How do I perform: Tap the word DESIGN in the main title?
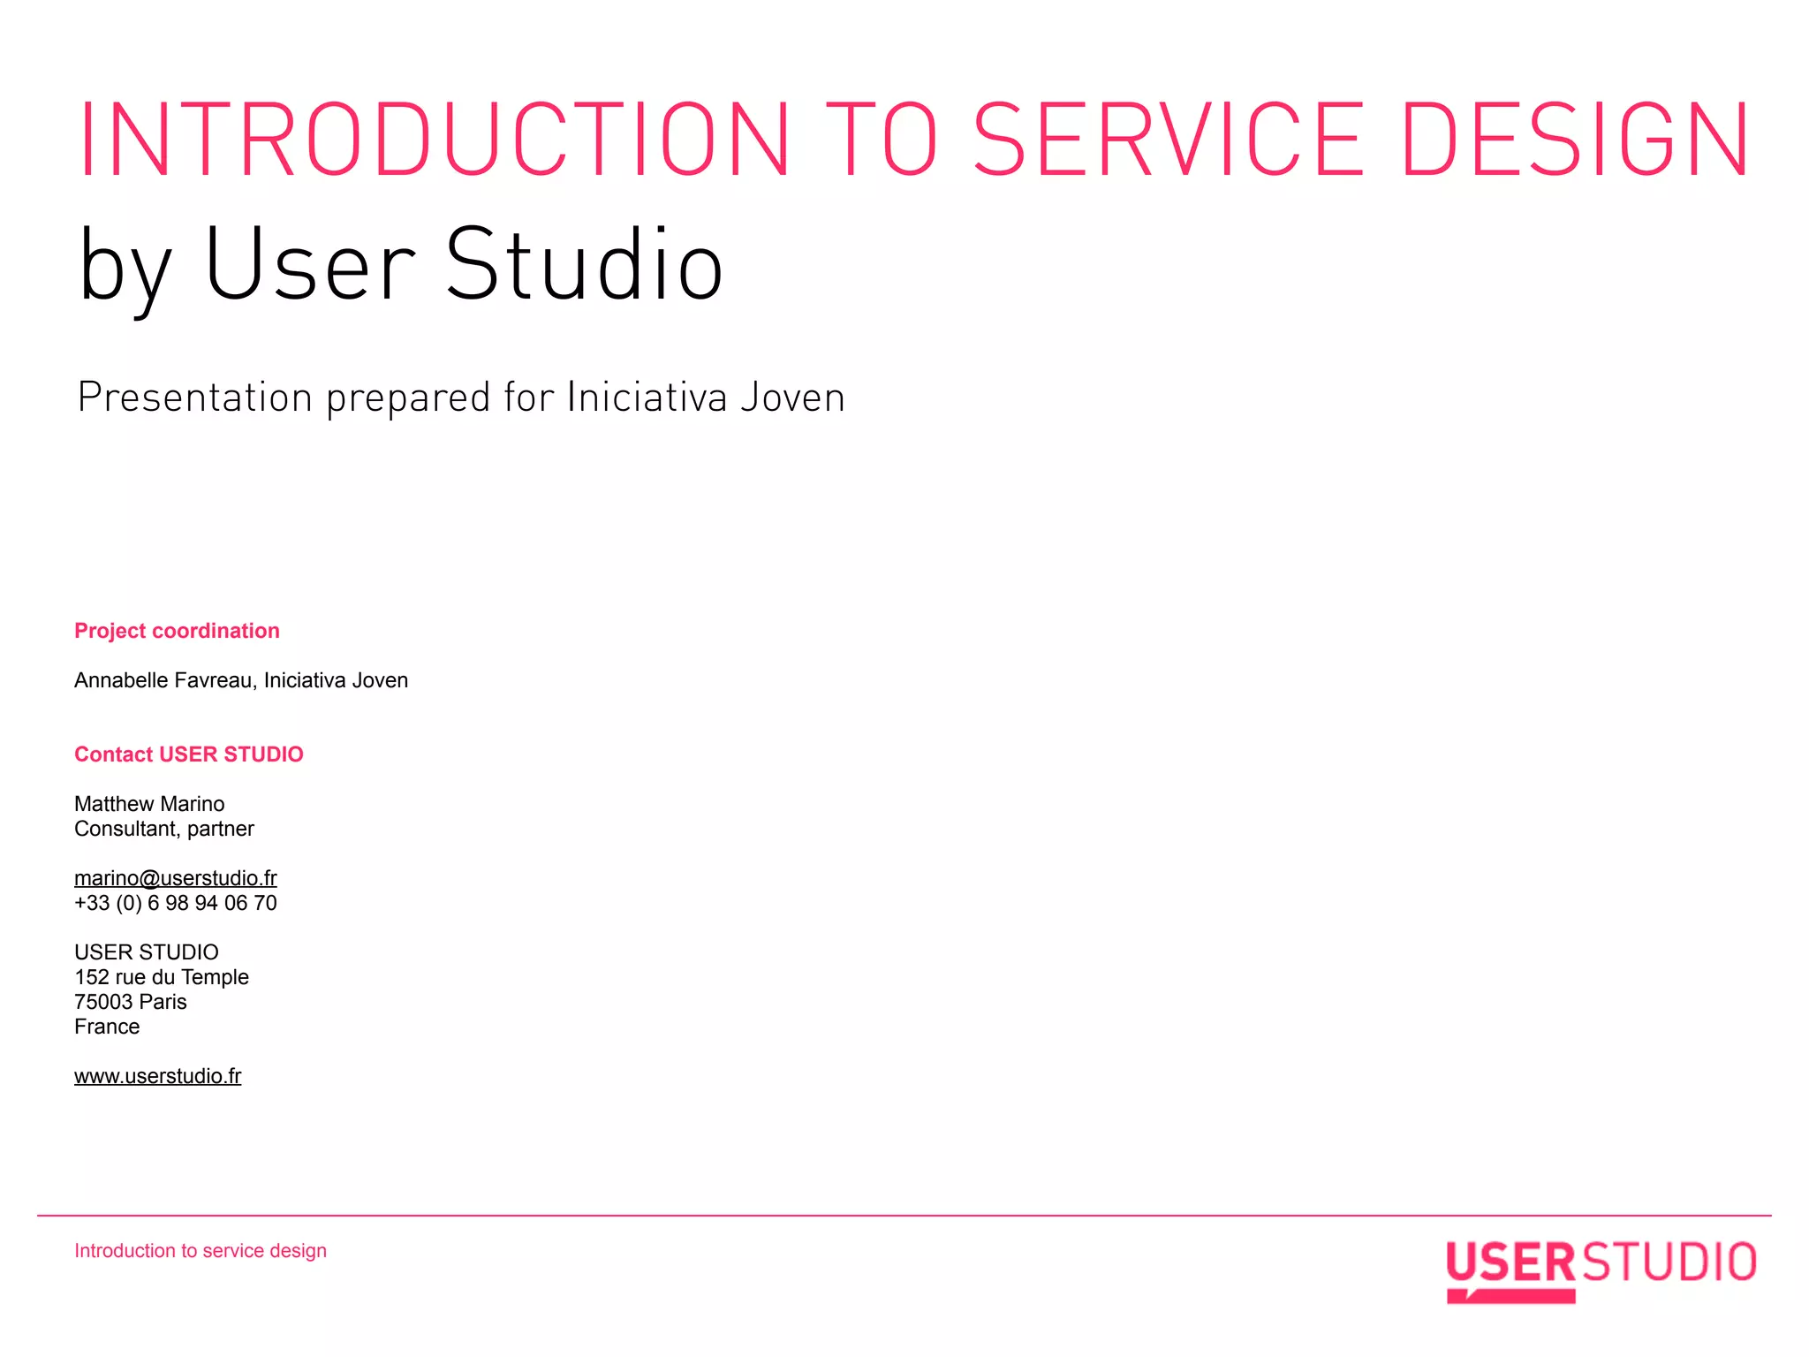(x=1575, y=139)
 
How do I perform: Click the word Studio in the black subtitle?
(x=584, y=265)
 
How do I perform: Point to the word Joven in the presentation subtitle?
(x=792, y=398)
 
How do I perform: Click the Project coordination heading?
(x=177, y=631)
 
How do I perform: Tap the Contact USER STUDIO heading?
(x=188, y=754)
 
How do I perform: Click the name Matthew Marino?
(x=149, y=804)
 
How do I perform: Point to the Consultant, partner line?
(x=164, y=829)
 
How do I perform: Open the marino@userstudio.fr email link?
(x=175, y=878)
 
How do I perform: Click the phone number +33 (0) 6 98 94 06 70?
(x=175, y=903)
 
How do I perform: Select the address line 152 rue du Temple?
(x=162, y=977)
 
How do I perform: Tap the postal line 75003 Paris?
(x=131, y=1002)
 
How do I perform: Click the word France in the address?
(x=107, y=1027)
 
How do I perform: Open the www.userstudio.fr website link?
(x=157, y=1076)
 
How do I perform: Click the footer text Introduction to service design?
(x=201, y=1251)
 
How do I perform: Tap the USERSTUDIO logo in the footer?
(x=1600, y=1269)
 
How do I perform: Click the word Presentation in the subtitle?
(x=195, y=398)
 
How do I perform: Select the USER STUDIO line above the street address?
(x=147, y=952)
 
